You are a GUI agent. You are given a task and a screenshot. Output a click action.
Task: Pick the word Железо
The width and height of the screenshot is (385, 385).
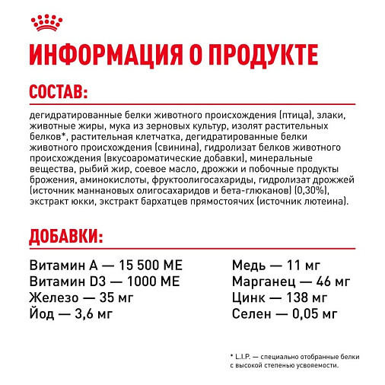54,297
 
